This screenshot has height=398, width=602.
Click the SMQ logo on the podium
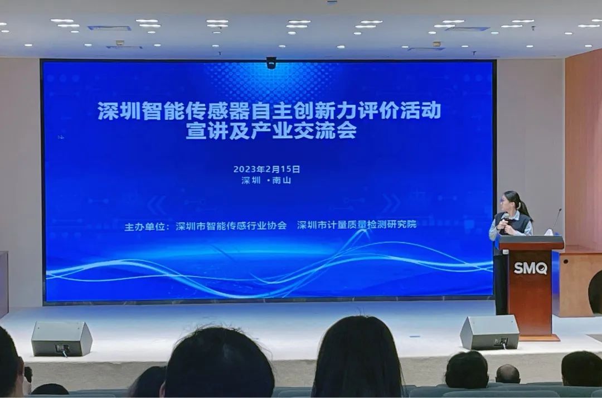(x=530, y=268)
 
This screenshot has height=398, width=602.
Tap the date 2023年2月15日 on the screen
(x=266, y=169)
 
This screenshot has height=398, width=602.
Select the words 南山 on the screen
(x=281, y=181)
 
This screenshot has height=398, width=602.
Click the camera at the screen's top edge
(x=271, y=62)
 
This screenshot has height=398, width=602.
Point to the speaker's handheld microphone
(x=505, y=221)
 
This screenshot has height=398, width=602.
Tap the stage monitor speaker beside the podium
(x=489, y=332)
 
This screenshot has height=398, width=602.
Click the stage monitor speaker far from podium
(x=61, y=338)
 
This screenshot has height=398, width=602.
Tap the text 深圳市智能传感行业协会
(x=231, y=226)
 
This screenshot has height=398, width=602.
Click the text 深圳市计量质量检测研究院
(x=357, y=225)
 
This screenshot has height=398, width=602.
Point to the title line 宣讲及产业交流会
(x=271, y=130)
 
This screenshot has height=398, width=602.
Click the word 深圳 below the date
(x=251, y=181)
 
